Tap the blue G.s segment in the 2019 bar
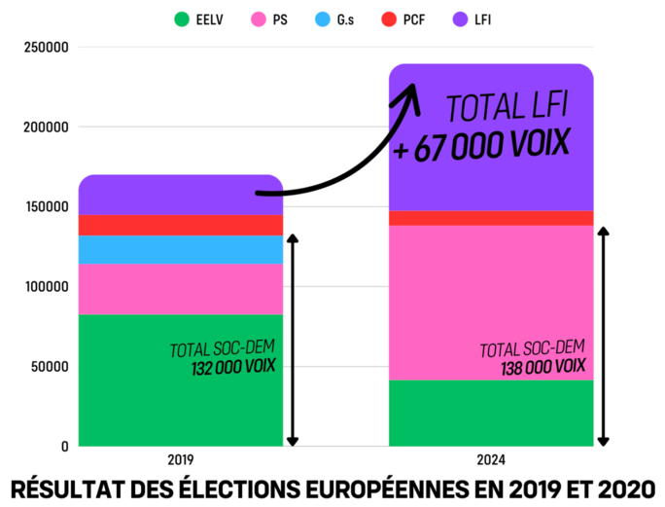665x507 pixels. (180, 250)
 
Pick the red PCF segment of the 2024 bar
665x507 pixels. (491, 218)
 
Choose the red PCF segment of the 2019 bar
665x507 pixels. (180, 225)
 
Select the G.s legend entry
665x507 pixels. (345, 19)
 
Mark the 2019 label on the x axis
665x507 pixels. (180, 459)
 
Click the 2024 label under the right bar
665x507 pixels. (491, 459)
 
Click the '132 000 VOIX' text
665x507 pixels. (233, 367)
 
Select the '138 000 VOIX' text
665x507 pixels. (545, 367)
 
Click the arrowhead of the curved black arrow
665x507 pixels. (409, 91)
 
